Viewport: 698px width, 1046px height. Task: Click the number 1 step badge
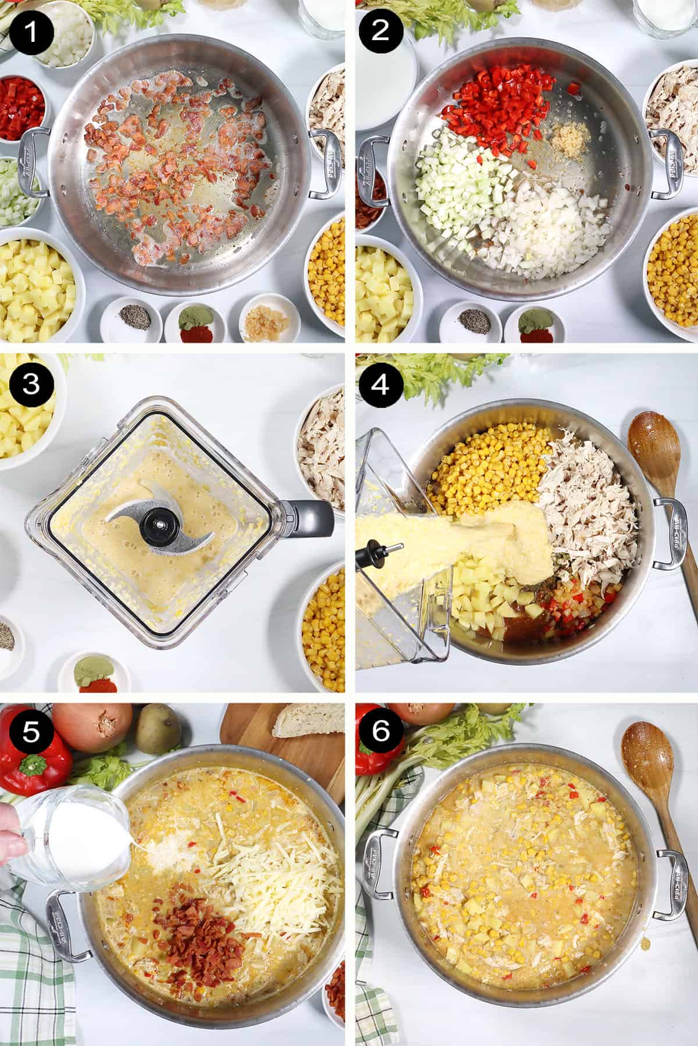[x=31, y=31]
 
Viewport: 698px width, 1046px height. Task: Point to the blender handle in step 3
[x=305, y=514]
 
